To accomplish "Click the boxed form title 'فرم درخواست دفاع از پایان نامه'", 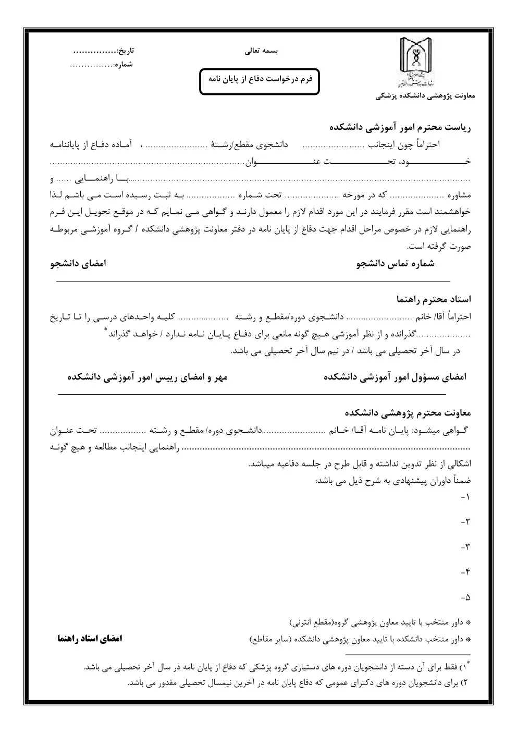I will tap(260, 78).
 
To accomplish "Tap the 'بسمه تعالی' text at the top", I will tap(262, 52).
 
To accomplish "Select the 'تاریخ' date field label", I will tap(126, 51).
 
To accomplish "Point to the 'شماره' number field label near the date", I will tap(124, 65).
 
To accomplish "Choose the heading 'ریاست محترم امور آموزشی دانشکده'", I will tap(400, 127).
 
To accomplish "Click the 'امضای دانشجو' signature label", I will tap(78, 263).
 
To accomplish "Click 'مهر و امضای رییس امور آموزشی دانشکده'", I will tap(147, 377).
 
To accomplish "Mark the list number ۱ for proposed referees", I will tap(466, 497).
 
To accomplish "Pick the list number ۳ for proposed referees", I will tap(466, 547).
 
